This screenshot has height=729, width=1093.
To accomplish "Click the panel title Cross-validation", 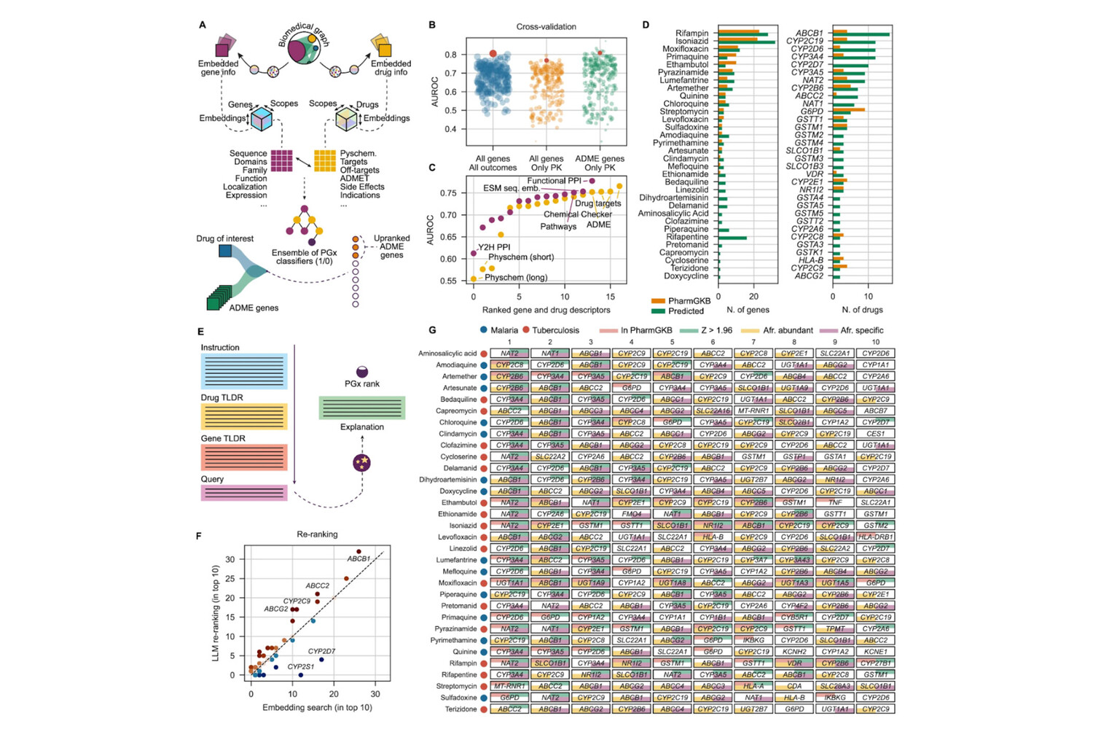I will (546, 27).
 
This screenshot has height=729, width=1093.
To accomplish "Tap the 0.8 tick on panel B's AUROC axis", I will (452, 55).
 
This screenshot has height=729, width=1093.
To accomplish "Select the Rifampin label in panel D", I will (692, 33).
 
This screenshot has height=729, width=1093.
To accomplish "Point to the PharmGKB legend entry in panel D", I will (689, 300).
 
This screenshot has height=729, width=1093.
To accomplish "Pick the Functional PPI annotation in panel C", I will (555, 181).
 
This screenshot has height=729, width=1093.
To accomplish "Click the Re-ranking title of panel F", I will (317, 534).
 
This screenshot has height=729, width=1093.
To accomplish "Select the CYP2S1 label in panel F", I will (301, 666).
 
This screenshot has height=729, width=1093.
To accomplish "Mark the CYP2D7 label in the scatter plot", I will (321, 651).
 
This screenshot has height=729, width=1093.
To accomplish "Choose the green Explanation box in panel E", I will (361, 408).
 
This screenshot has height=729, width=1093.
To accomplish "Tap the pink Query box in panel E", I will (243, 494).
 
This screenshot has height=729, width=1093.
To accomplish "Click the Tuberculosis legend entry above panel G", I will (550, 330).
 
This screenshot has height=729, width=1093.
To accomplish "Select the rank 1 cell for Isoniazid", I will (509, 526).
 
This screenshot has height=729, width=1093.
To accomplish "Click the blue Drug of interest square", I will (225, 252).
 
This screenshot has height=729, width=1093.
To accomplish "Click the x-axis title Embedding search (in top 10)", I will (317, 708).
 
